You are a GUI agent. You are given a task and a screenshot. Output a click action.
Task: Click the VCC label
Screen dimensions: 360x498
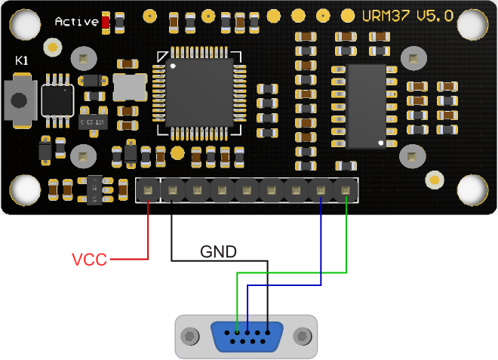coord(90,260)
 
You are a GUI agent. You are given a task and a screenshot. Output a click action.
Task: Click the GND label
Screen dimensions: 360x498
coord(217,251)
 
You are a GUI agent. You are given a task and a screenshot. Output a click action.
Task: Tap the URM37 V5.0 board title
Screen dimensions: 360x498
coord(407,16)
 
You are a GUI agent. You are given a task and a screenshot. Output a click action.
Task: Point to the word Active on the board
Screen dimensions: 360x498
coord(76,22)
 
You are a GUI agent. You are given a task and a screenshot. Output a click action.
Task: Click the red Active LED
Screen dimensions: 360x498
coord(106,22)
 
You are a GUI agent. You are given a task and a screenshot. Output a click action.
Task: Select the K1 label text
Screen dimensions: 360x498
coord(22,60)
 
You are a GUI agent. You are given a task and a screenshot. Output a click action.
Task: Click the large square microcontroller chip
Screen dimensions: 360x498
coord(199,93)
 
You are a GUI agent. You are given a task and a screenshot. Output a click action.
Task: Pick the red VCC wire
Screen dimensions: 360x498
coord(148,234)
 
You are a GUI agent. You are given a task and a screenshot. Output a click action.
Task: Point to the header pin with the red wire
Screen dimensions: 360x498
coord(148,190)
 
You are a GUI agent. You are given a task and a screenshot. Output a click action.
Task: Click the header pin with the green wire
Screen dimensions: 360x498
coord(346,190)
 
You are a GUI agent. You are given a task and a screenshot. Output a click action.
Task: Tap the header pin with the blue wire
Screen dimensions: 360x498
coord(321,190)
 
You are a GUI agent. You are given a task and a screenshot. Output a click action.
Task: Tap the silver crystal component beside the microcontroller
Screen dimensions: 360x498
coord(129,88)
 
